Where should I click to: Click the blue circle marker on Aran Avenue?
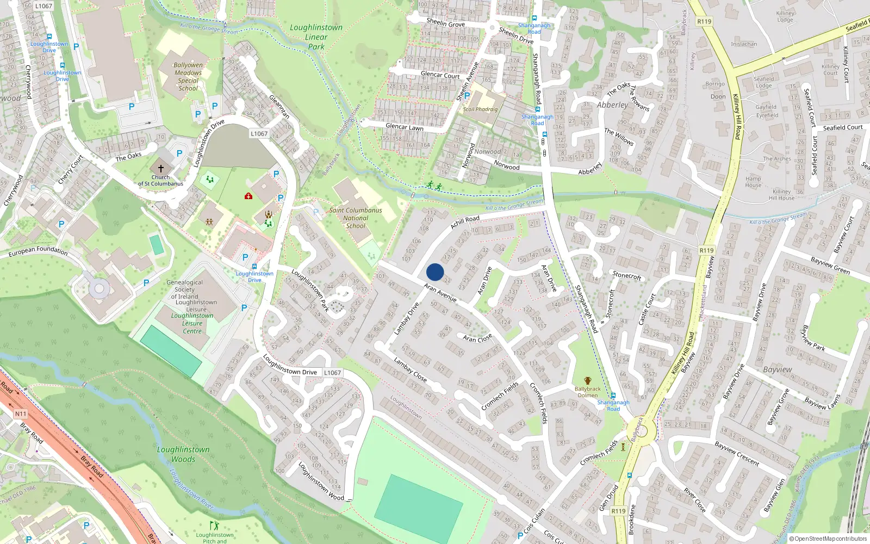coord(435,272)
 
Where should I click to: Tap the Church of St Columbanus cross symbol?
coord(160,169)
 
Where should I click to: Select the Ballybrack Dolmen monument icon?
coord(587,381)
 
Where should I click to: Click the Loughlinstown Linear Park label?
coord(316,37)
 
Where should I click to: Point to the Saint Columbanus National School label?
coord(356,218)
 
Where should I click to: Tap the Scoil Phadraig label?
coord(480,109)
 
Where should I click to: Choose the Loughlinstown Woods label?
coord(183,454)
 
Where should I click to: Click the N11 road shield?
coord(20,414)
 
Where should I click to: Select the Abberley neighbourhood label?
coord(612,105)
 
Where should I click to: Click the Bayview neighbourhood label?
coord(777,369)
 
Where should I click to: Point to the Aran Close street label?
coord(477,338)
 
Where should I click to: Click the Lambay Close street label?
coord(410,369)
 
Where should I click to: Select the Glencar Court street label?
coord(440,75)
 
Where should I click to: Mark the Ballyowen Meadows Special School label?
coord(188,76)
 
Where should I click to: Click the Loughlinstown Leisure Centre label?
coord(192,323)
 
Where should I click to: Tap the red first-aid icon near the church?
coord(248,196)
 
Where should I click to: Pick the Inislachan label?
coord(744,44)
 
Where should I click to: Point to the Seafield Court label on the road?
coord(842,127)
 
